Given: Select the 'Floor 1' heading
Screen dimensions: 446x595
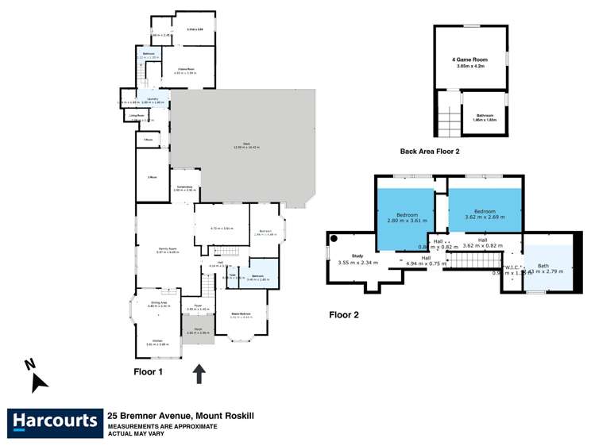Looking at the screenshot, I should (x=148, y=371).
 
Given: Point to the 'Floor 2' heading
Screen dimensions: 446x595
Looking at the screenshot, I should (x=344, y=315).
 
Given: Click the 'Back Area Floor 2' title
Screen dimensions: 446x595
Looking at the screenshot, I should (x=429, y=151).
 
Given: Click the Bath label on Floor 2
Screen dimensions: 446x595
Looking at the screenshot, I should (x=543, y=266).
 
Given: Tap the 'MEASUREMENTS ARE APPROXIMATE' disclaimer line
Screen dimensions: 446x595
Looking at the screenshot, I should (x=162, y=426).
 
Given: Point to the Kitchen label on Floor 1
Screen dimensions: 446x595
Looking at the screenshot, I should (x=156, y=342).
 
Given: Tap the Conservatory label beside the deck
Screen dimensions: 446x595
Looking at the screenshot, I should (x=185, y=187).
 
